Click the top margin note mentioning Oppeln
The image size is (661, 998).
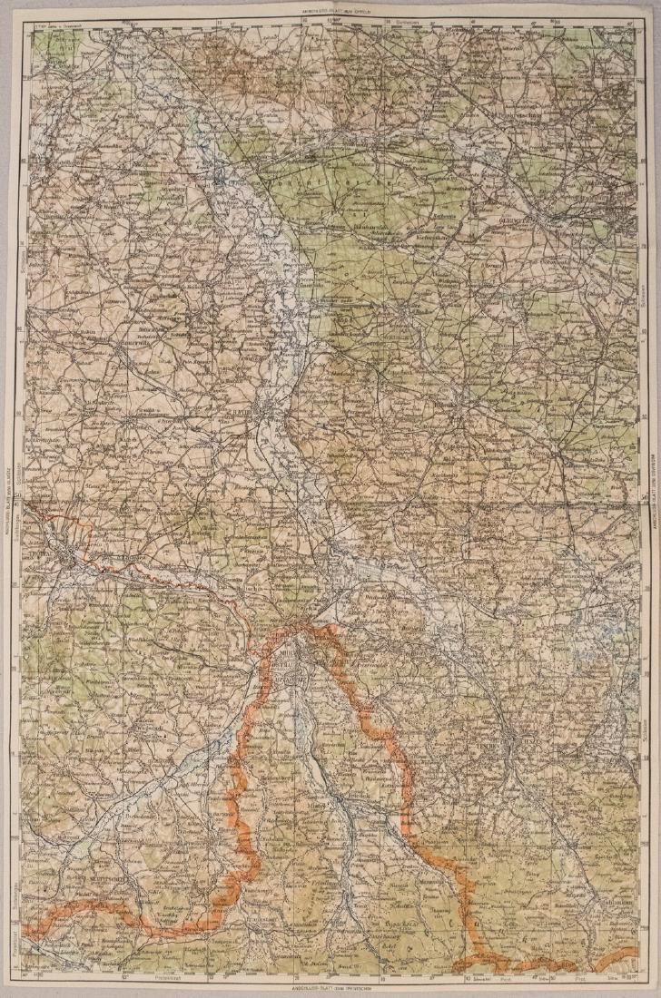point(330,13)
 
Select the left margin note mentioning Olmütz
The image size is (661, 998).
point(12,498)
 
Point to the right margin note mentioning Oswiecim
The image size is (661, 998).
point(649,498)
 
